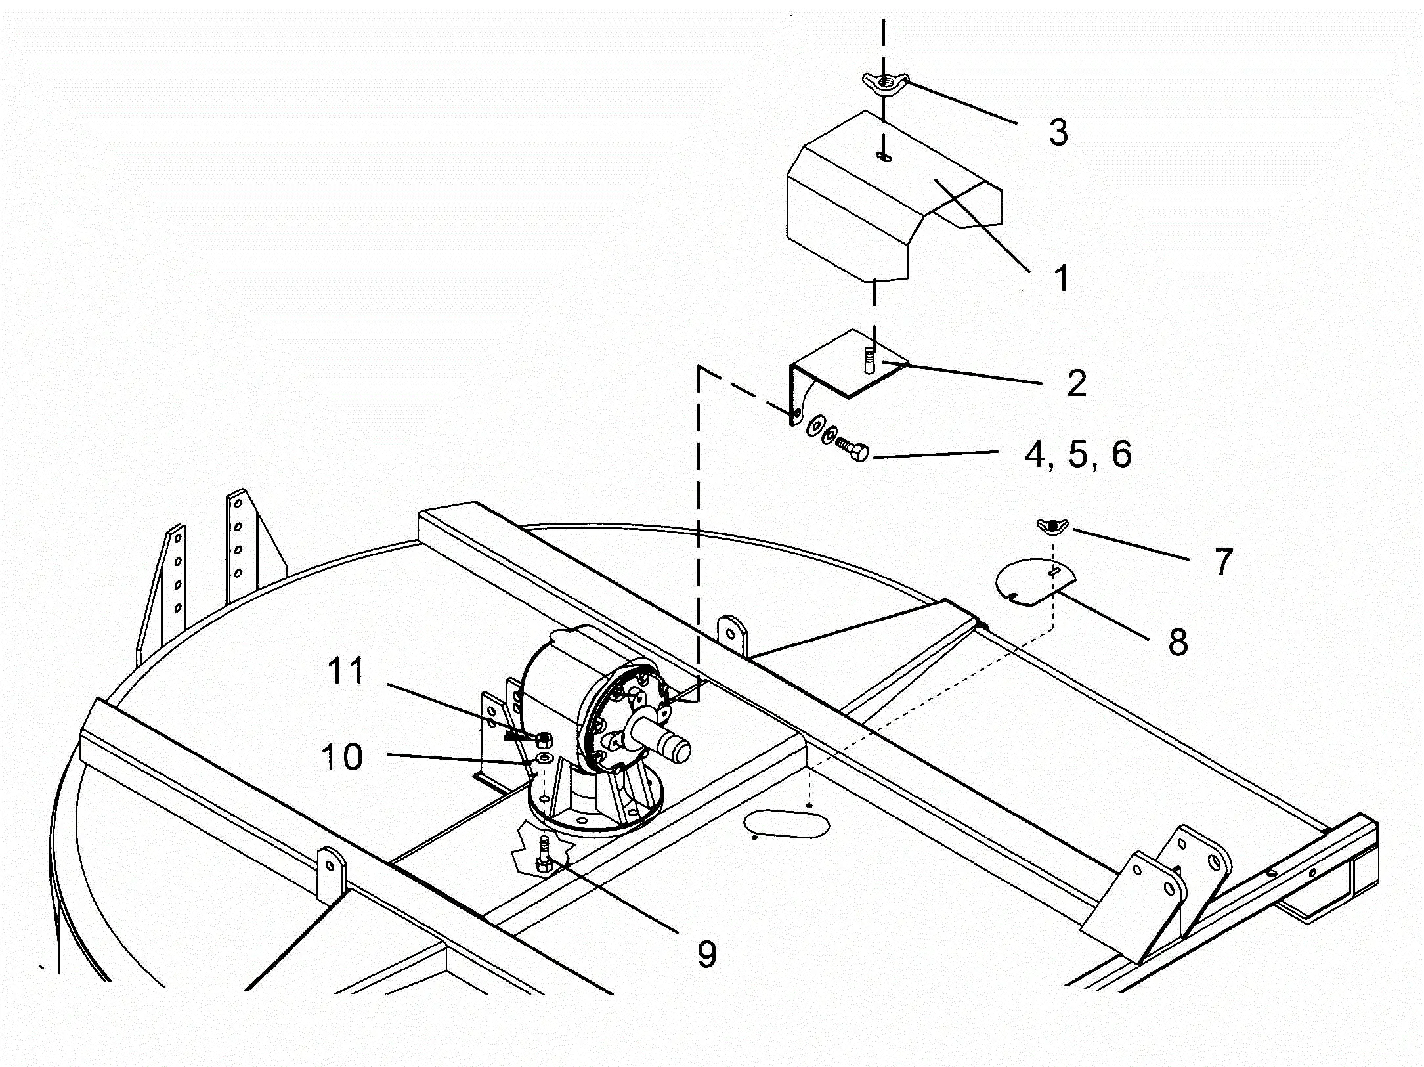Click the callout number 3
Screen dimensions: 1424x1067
(x=1058, y=132)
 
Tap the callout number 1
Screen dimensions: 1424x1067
(x=1060, y=278)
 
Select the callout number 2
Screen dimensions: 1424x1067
(x=1076, y=383)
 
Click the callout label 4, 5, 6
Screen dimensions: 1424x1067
(x=1078, y=454)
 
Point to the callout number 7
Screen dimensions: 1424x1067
(x=1222, y=562)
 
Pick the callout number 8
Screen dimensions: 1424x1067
(x=1178, y=642)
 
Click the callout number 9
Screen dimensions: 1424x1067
(x=706, y=953)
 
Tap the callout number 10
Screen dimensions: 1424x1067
(x=341, y=756)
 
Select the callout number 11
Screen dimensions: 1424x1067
(x=345, y=671)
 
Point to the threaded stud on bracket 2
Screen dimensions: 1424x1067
(x=871, y=360)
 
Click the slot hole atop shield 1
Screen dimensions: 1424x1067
(x=884, y=156)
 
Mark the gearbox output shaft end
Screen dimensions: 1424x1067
(x=678, y=748)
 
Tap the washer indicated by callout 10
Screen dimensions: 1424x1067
(x=544, y=759)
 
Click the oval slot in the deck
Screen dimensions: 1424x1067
(x=787, y=823)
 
